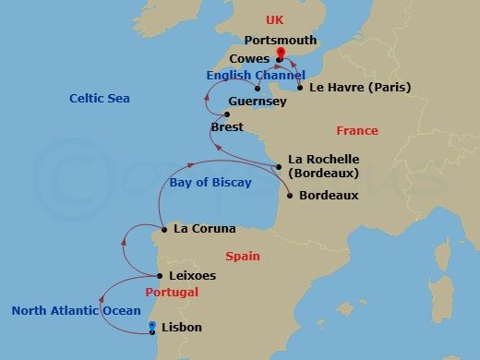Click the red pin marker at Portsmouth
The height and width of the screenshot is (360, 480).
(x=280, y=54)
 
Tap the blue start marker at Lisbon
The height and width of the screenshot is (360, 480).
(x=153, y=326)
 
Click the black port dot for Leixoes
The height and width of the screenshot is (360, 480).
(x=160, y=275)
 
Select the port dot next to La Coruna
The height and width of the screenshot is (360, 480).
(x=163, y=229)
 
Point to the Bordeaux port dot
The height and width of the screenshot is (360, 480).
(x=291, y=196)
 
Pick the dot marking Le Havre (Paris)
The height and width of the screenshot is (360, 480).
(x=300, y=89)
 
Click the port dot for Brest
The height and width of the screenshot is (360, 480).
(x=213, y=114)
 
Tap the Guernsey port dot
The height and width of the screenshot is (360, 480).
(x=257, y=89)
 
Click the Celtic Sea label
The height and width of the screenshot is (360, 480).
(x=100, y=98)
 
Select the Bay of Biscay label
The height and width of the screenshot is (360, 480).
(x=210, y=183)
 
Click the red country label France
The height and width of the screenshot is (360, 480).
(x=357, y=131)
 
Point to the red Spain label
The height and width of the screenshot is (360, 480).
(x=243, y=257)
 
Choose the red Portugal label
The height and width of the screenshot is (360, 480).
(x=173, y=292)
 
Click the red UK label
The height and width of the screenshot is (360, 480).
(x=275, y=19)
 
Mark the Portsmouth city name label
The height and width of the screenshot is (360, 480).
(x=281, y=41)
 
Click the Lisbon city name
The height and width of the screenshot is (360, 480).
(x=181, y=328)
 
